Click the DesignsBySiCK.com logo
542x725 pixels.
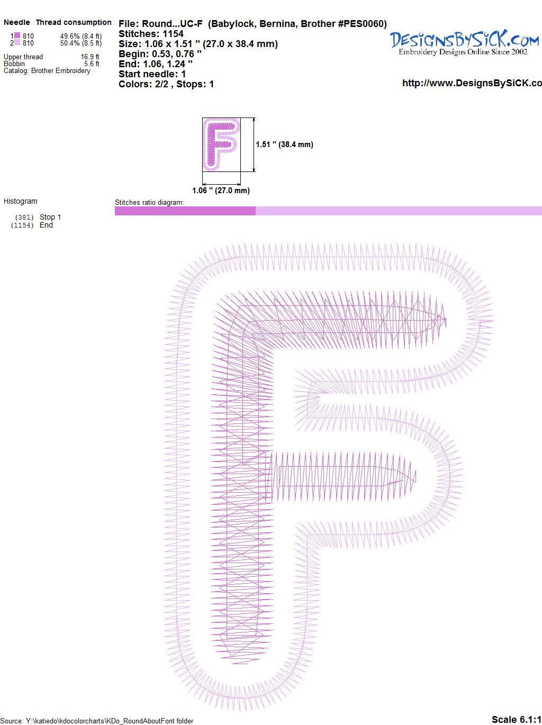coord(464,43)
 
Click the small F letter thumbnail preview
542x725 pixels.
coord(221,144)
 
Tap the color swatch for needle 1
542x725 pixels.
coord(17,35)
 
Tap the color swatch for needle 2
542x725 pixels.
coord(17,43)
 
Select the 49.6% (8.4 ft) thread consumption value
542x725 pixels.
coord(81,36)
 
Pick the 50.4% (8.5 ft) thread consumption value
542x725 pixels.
coord(81,43)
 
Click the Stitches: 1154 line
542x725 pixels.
coord(151,34)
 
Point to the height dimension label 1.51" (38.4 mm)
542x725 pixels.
coord(284,144)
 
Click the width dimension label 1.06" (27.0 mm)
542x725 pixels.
coord(221,191)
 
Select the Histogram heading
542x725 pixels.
coord(20,201)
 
